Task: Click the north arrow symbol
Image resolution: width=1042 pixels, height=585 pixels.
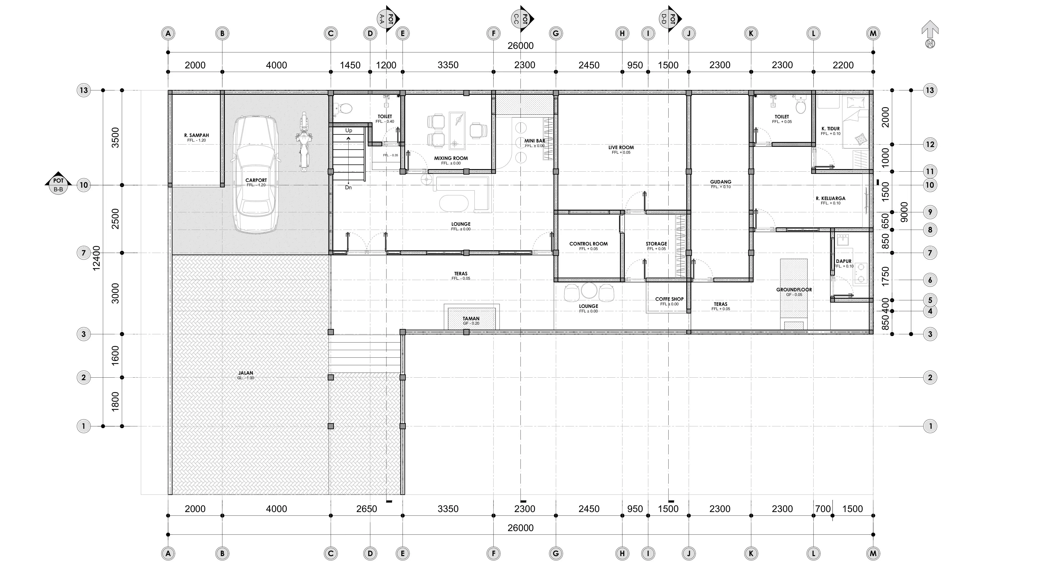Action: (x=930, y=34)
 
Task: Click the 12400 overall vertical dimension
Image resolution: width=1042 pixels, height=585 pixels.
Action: (x=96, y=258)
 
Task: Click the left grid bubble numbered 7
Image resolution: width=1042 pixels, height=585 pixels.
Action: (x=84, y=253)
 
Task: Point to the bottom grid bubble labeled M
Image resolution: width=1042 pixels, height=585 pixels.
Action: (x=873, y=554)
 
